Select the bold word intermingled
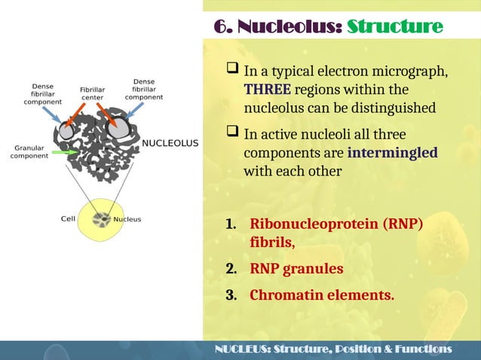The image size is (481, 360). [393, 153]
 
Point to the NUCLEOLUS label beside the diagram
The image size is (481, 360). [170, 142]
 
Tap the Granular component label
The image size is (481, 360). [27, 152]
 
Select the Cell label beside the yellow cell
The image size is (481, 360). [67, 220]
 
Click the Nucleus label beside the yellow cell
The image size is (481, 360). [127, 220]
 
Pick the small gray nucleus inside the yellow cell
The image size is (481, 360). [100, 220]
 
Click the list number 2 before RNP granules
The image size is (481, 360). [231, 269]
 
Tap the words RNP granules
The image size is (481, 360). [296, 269]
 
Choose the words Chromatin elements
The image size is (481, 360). [322, 294]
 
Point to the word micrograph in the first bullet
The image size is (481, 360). [406, 72]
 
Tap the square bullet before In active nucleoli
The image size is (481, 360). [233, 134]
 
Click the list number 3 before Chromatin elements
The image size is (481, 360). [231, 294]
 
